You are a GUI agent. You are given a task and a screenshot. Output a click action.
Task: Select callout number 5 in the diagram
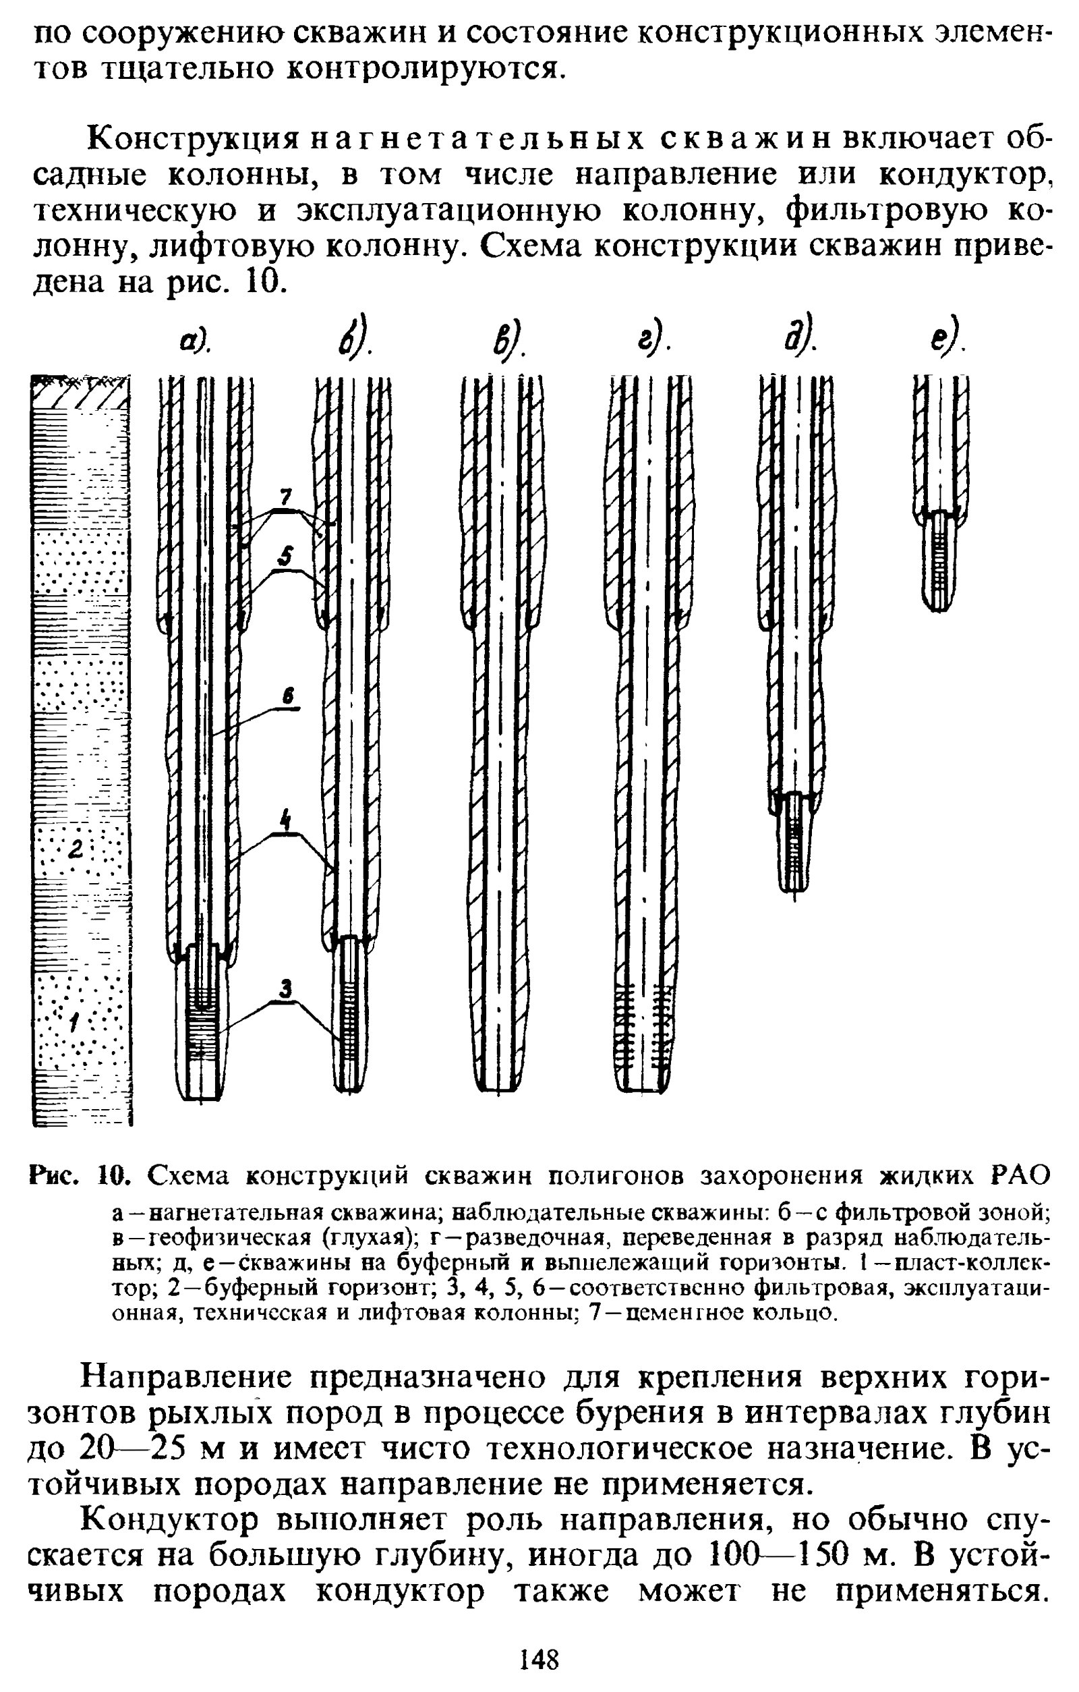pos(285,557)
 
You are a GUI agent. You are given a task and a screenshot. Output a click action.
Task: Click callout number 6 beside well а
pos(287,696)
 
